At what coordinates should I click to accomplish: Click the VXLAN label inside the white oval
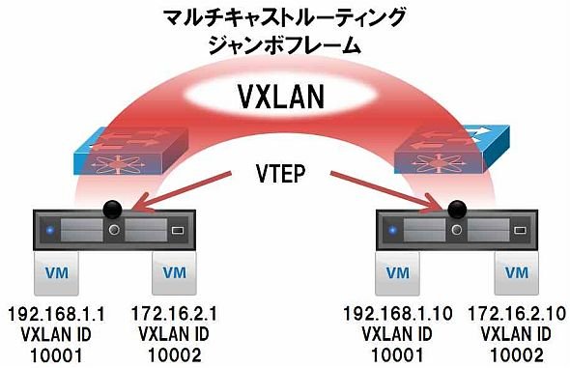click(x=280, y=97)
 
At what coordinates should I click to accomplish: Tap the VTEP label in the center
click(x=280, y=173)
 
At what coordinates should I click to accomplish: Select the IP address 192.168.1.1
click(x=56, y=314)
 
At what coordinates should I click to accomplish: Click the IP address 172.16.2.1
click(x=174, y=314)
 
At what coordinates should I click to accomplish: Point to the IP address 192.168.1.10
click(x=398, y=314)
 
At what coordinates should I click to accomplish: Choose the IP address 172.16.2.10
click(x=516, y=314)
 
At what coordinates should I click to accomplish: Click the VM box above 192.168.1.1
click(x=56, y=273)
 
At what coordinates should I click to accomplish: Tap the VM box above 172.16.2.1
click(x=175, y=273)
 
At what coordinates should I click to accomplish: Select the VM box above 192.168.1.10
click(x=398, y=273)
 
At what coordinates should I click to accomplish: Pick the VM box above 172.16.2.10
click(x=516, y=273)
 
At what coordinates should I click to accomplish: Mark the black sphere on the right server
click(x=457, y=209)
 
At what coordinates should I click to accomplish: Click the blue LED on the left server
click(x=50, y=230)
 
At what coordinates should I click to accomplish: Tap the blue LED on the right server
click(x=392, y=230)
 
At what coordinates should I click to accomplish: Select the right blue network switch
click(x=452, y=150)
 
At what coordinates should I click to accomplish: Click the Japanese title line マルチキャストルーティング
click(x=284, y=18)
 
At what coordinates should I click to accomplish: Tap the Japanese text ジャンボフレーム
click(x=284, y=45)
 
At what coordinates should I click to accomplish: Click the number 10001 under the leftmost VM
click(x=56, y=355)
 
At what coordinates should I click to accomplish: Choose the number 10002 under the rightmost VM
click(x=516, y=355)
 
